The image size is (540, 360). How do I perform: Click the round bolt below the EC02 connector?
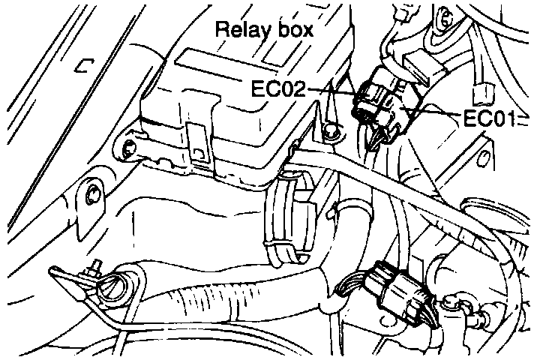click(x=329, y=133)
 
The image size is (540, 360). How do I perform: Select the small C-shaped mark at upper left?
click(x=81, y=66)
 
